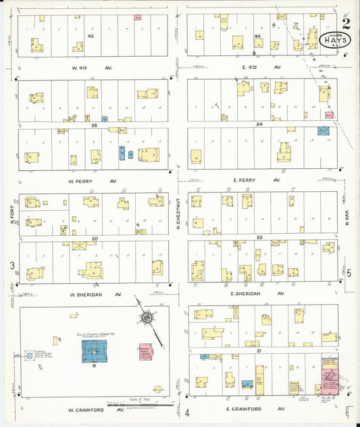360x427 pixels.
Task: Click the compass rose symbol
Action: (x=147, y=318)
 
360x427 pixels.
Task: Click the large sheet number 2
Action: (x=346, y=24)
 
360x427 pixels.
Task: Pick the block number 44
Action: (x=257, y=35)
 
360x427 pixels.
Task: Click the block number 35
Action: (x=95, y=125)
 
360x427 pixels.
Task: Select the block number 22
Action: (x=259, y=237)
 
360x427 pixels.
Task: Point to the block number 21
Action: (x=259, y=351)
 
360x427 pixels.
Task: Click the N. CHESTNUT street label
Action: (x=178, y=212)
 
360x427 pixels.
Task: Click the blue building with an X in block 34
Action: (x=322, y=131)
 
